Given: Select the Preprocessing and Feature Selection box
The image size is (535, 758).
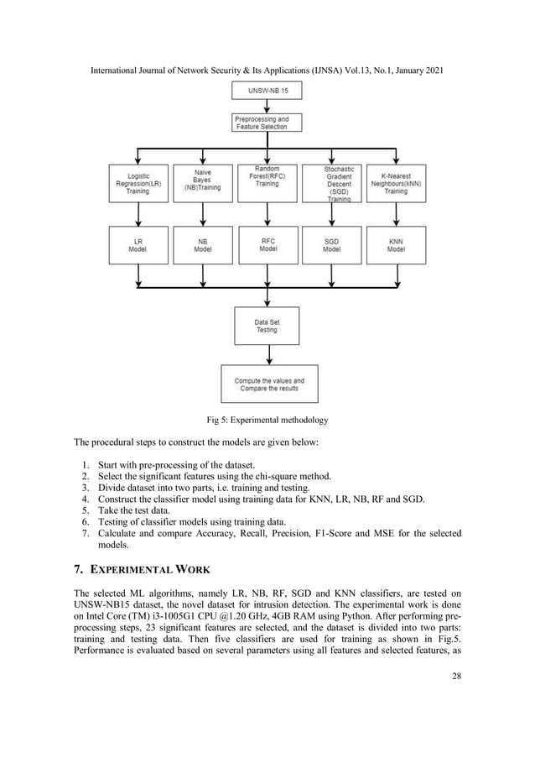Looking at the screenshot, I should pos(267,123).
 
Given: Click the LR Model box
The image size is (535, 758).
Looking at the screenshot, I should pos(138,244).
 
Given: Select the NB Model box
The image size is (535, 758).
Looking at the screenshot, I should pos(202,244).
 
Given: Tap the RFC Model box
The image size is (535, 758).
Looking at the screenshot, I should pos(267,244).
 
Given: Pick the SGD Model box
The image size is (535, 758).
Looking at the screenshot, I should pos(331,244).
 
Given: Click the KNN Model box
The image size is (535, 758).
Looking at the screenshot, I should pos(396,244).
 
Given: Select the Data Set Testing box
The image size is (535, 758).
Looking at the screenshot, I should pos(267,326).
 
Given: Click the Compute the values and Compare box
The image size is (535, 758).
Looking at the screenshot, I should pos(269,384).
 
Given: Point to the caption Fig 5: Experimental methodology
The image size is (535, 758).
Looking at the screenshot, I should pos(267,420).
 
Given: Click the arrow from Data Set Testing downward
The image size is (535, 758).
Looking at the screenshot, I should pos(267,354).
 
